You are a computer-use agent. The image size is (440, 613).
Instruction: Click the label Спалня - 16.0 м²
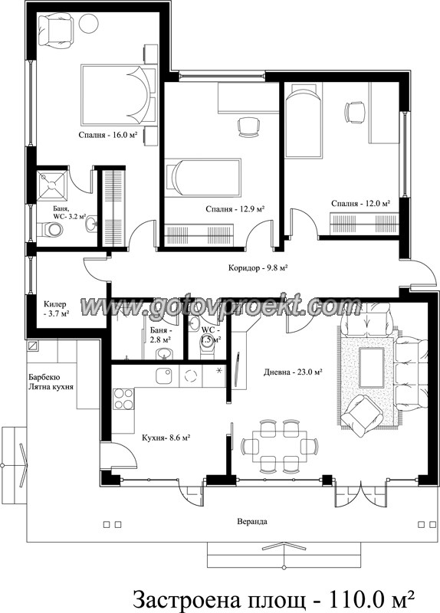108,136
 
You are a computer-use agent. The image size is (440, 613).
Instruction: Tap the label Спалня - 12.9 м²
235,209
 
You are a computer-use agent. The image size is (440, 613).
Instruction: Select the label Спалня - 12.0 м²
360,204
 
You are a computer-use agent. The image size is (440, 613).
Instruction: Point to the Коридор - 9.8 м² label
258,268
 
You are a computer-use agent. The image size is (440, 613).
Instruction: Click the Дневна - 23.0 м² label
293,372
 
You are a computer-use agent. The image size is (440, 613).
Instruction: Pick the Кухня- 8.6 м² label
166,438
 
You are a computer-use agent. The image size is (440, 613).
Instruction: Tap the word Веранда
252,522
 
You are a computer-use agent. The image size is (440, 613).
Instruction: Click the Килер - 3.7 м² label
56,309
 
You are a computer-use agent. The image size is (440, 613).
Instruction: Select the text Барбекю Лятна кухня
51,382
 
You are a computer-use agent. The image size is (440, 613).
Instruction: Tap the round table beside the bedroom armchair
88,23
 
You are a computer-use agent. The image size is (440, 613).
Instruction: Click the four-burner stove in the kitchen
124,399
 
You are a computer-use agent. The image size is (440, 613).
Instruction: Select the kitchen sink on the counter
164,376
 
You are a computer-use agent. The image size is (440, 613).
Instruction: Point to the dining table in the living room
279,446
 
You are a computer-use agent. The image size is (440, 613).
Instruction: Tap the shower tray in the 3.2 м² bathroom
51,185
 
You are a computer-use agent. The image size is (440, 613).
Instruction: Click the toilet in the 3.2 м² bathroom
50,230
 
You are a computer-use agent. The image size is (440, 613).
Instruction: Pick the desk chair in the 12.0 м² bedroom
355,113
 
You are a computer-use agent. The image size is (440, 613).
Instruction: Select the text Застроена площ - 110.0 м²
274,598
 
